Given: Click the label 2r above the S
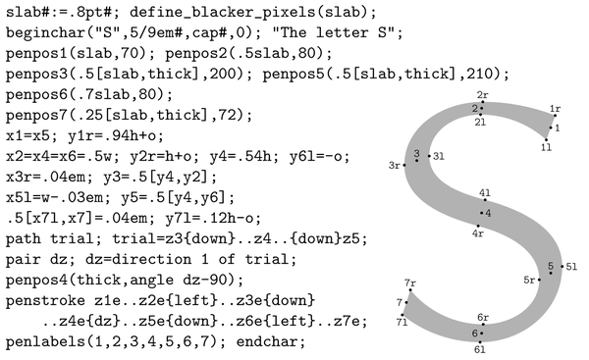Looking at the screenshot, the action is coord(482,95).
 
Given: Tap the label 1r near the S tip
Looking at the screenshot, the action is coord(556,109).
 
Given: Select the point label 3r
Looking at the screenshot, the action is coord(394,165).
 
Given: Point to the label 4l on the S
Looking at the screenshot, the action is coord(485,193).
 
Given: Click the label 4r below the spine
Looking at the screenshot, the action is coord(478,233).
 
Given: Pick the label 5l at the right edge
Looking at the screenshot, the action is coord(571,267).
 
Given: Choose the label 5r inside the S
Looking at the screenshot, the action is coord(529,280).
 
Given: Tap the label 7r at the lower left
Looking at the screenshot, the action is coord(410,283).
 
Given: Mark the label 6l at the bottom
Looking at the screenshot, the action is coord(480,350).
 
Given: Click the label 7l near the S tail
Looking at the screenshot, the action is coord(402,323).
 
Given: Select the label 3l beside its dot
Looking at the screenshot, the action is coord(439,156).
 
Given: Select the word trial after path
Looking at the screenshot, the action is coord(72,238).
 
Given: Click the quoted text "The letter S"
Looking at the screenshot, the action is coord(335,33).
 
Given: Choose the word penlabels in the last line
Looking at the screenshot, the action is coord(46,342).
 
